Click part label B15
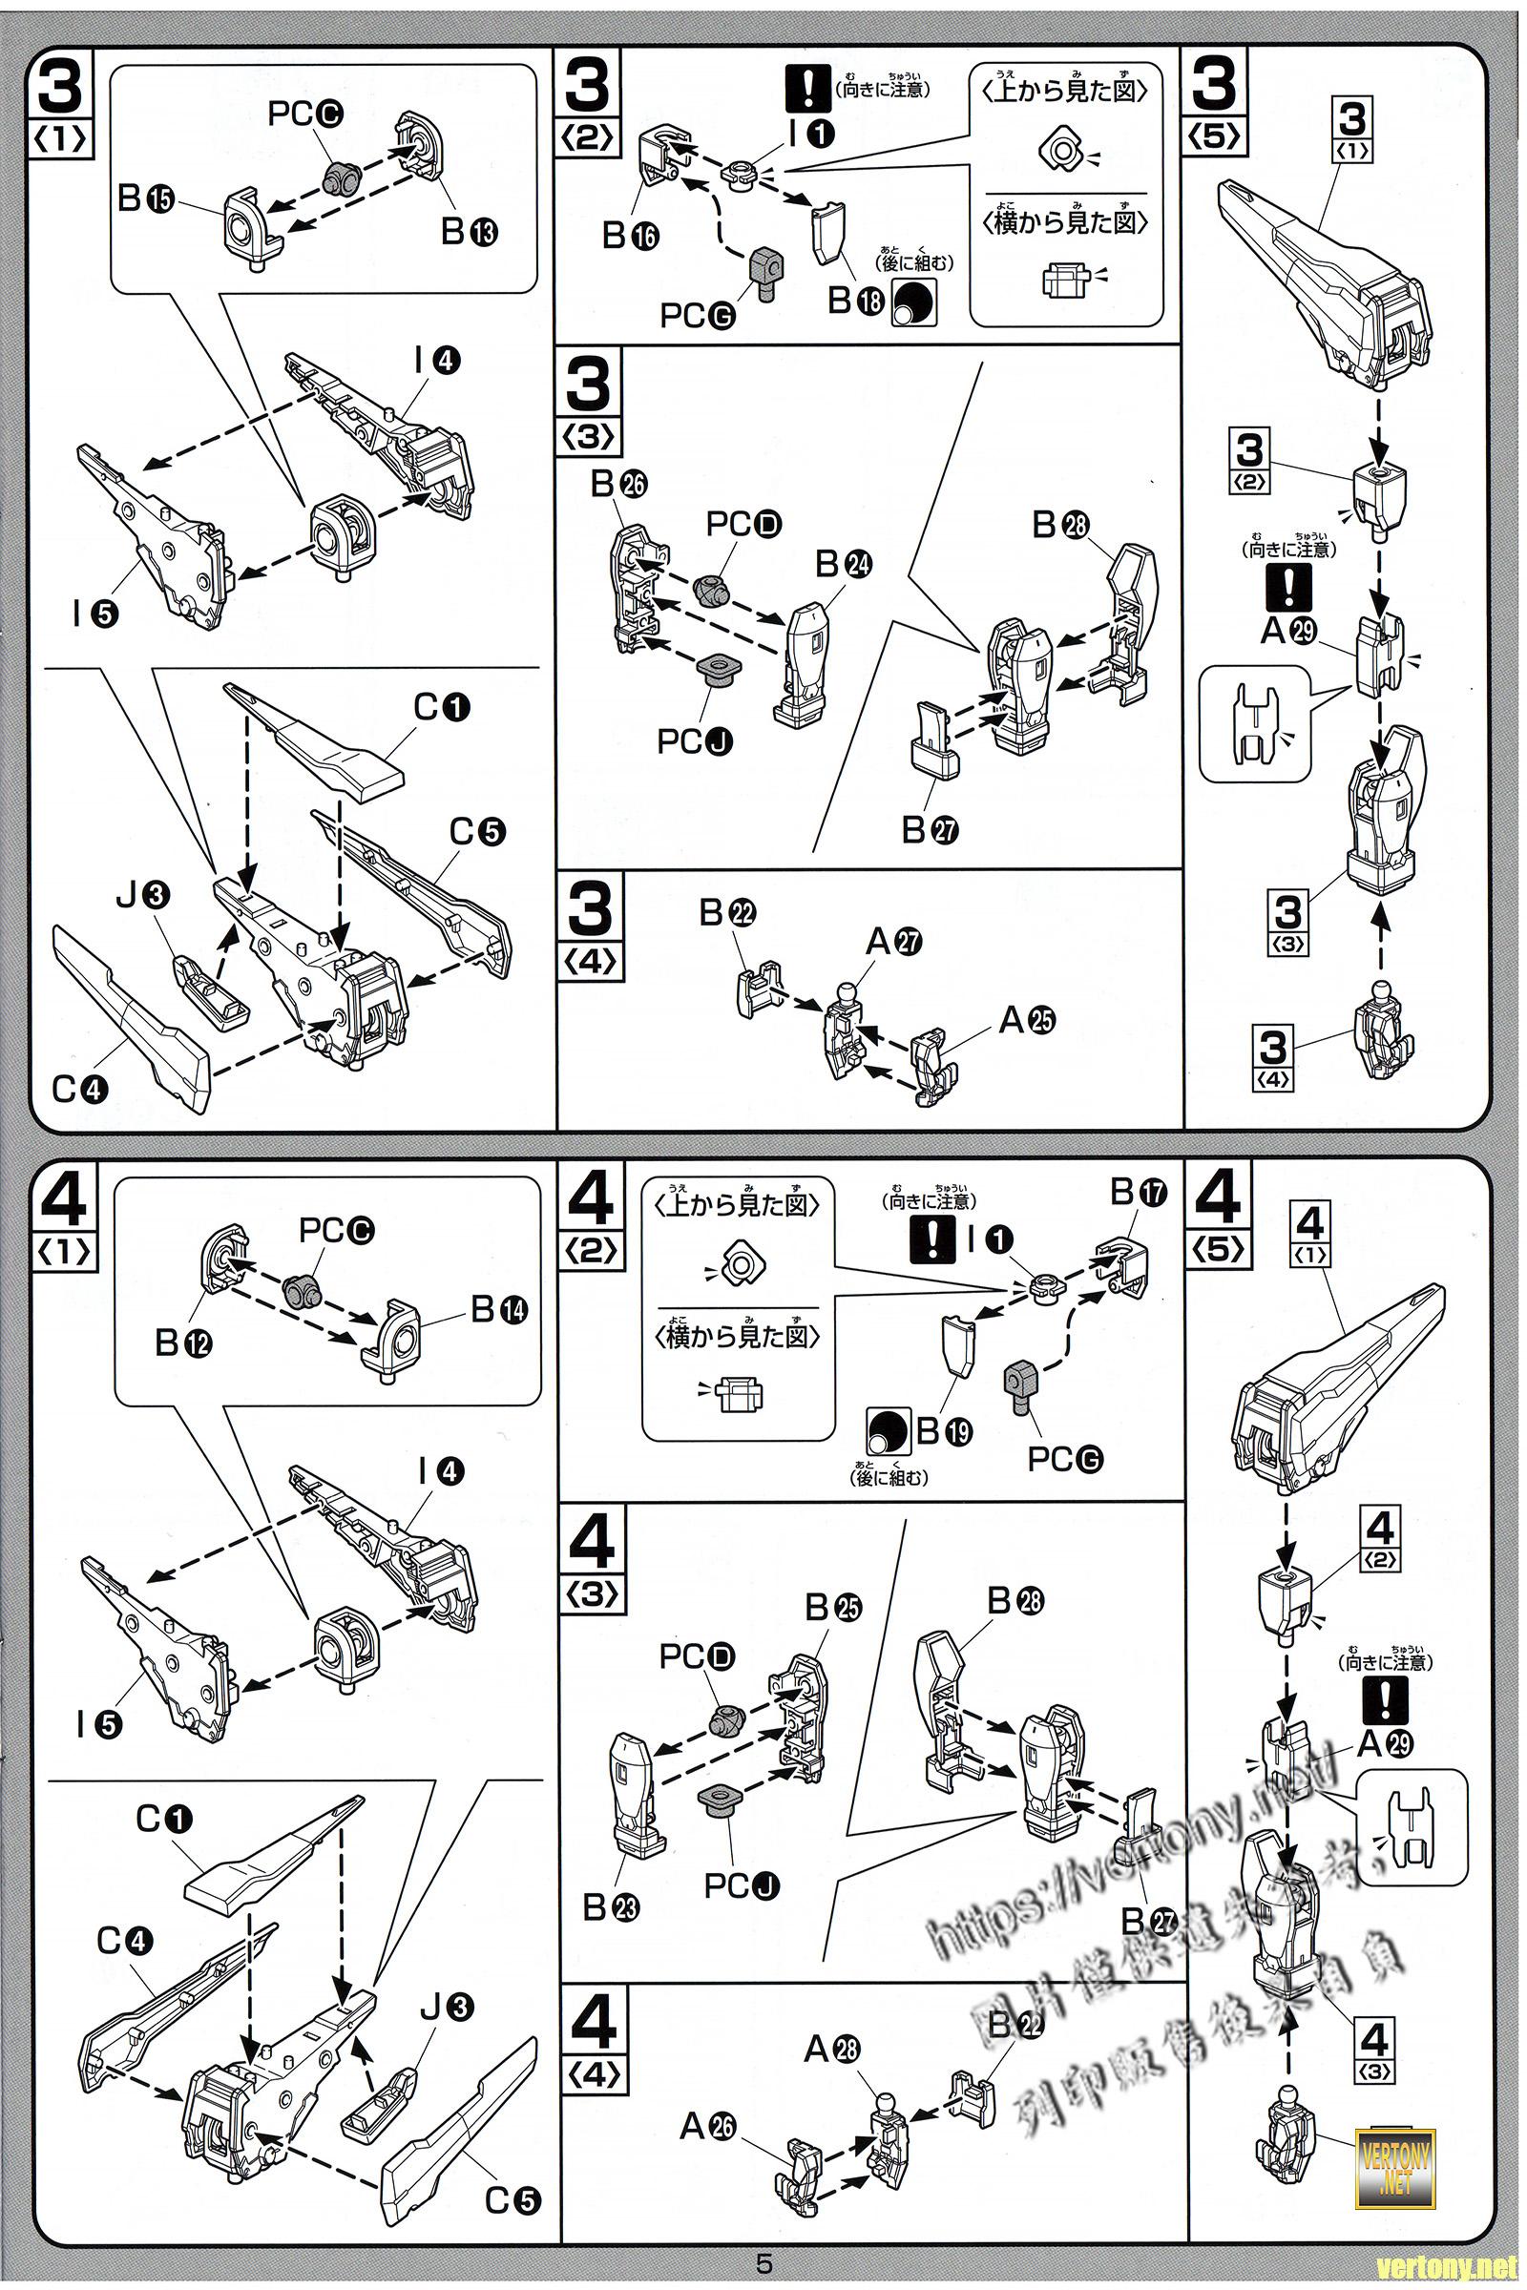(145, 199)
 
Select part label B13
(469, 232)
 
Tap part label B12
(183, 1343)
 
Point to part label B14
(498, 1309)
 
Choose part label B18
(856, 301)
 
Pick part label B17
(1139, 1193)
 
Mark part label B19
(944, 1431)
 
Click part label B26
(619, 484)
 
